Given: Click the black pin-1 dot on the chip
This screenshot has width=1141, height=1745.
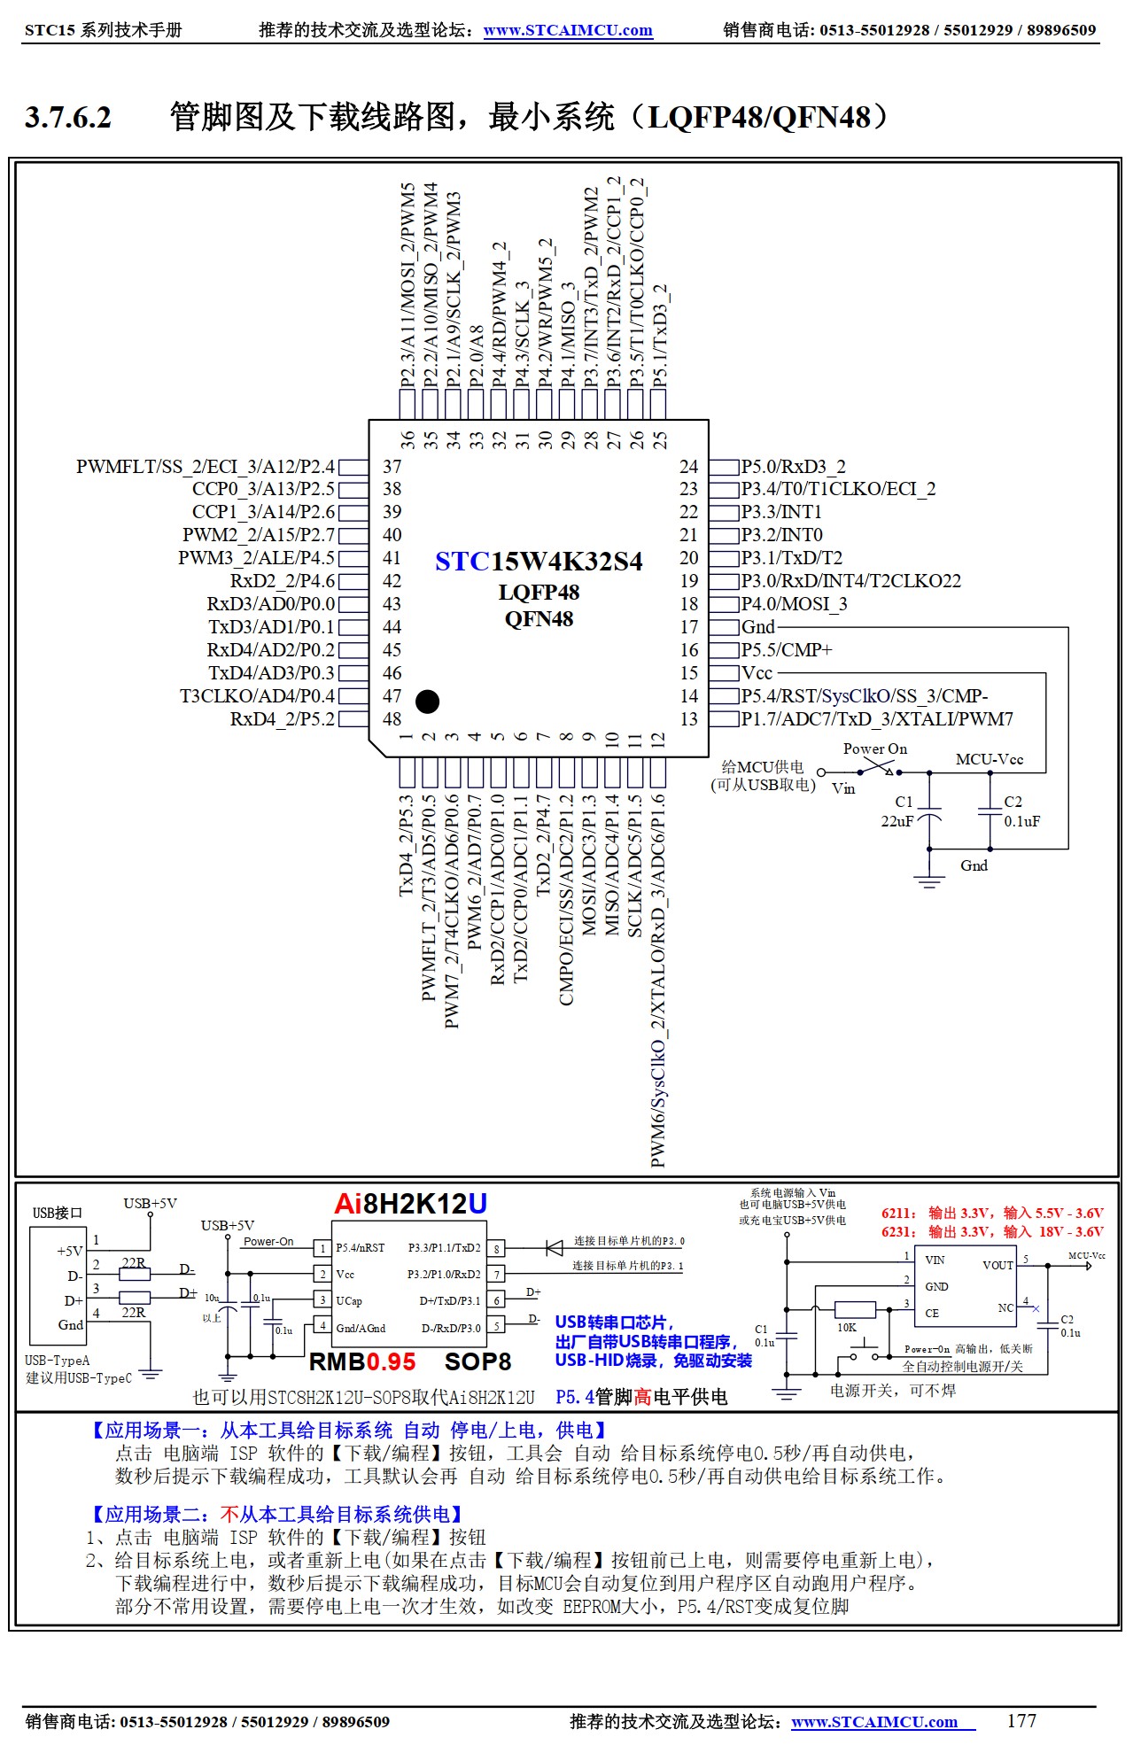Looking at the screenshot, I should pyautogui.click(x=427, y=702).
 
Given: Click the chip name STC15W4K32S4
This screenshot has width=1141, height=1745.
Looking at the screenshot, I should pyautogui.click(x=539, y=562).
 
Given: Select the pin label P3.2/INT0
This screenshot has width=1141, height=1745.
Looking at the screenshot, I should pyautogui.click(x=781, y=535).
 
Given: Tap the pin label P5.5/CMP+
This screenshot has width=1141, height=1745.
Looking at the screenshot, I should pyautogui.click(x=787, y=650).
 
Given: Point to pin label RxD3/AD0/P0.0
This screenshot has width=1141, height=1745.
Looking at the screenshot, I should pyautogui.click(x=271, y=604).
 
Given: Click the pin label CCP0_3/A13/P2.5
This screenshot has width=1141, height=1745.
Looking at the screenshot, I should pyautogui.click(x=263, y=489).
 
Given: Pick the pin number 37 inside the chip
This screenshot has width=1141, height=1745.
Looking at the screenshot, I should pyautogui.click(x=392, y=467).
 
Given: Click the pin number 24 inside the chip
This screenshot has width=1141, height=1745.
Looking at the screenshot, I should pyautogui.click(x=688, y=467).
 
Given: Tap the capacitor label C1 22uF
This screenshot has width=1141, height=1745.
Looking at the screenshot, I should pyautogui.click(x=898, y=811).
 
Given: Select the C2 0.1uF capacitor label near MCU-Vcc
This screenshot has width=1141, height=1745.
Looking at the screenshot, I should pyautogui.click(x=1021, y=811).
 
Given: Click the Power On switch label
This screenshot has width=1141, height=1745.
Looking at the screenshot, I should pyautogui.click(x=874, y=749).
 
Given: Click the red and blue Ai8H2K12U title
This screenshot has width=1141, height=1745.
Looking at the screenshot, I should pyautogui.click(x=410, y=1204).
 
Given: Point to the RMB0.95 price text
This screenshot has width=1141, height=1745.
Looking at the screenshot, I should pyautogui.click(x=362, y=1361).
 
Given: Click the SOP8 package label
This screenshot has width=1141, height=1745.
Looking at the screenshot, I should pyautogui.click(x=477, y=1361).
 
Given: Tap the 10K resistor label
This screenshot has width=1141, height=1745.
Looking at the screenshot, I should pyautogui.click(x=846, y=1327).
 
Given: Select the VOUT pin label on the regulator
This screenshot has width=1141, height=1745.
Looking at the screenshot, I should pyautogui.click(x=997, y=1265).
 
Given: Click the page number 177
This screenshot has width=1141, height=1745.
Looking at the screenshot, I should pyautogui.click(x=1021, y=1720).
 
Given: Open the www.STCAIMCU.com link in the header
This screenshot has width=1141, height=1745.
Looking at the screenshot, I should pyautogui.click(x=568, y=30).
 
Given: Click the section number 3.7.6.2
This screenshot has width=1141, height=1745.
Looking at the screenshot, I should pyautogui.click(x=68, y=117).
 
